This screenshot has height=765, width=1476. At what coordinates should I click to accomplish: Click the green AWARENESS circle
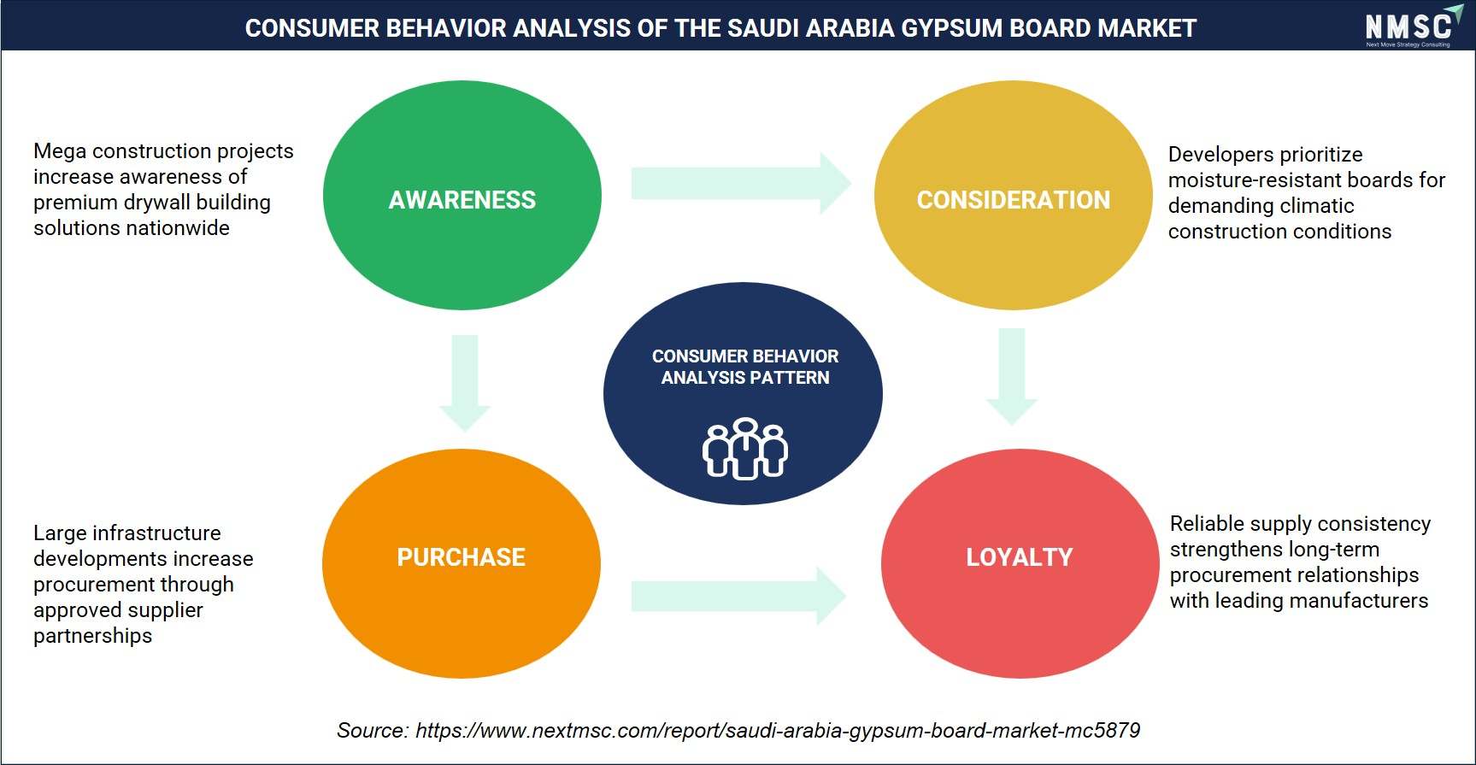tap(462, 196)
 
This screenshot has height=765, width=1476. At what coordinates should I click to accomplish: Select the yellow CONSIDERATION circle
tap(1013, 196)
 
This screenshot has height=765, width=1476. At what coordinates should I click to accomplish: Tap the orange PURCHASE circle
tap(462, 563)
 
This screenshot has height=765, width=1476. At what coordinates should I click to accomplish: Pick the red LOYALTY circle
tap(1020, 563)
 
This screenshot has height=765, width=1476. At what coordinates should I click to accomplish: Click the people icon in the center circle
tap(744, 449)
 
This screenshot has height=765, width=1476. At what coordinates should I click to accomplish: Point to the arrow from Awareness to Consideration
tap(741, 183)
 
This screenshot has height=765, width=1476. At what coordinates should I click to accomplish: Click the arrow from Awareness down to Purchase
tap(465, 383)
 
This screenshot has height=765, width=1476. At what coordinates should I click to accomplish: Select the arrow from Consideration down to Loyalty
tap(1012, 376)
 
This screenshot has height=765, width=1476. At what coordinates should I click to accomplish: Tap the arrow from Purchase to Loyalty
tap(738, 596)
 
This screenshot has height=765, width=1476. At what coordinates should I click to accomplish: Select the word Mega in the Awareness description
tap(60, 152)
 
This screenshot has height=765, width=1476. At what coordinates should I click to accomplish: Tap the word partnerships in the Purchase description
tap(92, 636)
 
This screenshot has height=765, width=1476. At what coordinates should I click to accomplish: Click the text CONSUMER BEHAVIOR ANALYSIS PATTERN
tap(745, 367)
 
